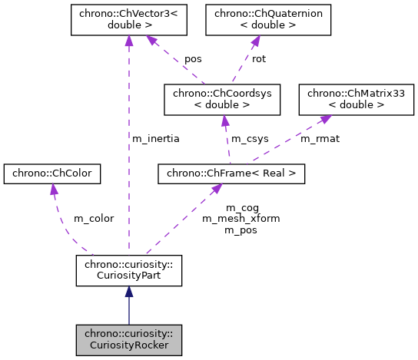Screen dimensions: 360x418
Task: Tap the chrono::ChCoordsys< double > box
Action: [x=222, y=97]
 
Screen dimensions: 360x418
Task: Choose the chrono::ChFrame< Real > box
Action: [x=231, y=174]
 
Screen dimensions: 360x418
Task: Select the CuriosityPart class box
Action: [x=128, y=270]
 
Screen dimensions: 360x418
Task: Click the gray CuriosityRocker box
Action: [x=128, y=339]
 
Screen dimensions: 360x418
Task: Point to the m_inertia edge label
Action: [x=156, y=138]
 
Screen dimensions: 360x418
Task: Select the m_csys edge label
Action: [x=250, y=138]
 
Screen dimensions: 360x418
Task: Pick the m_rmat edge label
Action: [x=320, y=138]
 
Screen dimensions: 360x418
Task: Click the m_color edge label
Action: [x=93, y=218]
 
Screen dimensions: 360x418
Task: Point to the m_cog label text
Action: [x=242, y=207]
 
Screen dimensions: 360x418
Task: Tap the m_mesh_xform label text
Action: [x=241, y=218]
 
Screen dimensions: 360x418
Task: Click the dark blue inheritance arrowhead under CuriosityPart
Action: [x=128, y=292]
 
